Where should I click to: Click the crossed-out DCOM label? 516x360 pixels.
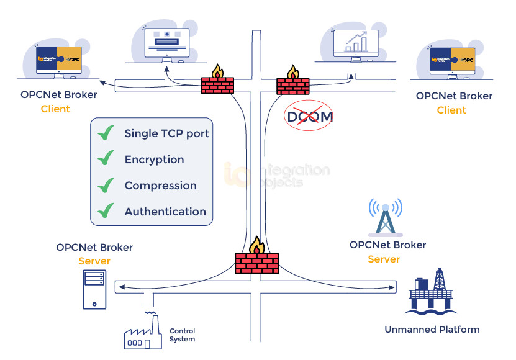pos(309,115)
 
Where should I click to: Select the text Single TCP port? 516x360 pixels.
pos(166,133)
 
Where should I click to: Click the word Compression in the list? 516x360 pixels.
pos(160,186)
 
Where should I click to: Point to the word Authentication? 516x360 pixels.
pos(165,212)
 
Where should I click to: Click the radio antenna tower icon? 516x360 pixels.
pos(386,217)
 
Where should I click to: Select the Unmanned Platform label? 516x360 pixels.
pos(432,330)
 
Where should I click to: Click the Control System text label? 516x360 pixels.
pos(182,335)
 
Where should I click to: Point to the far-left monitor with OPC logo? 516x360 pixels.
pos(59,60)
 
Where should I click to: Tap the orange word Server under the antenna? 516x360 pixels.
pos(384,259)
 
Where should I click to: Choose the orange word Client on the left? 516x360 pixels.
pos(55,109)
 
